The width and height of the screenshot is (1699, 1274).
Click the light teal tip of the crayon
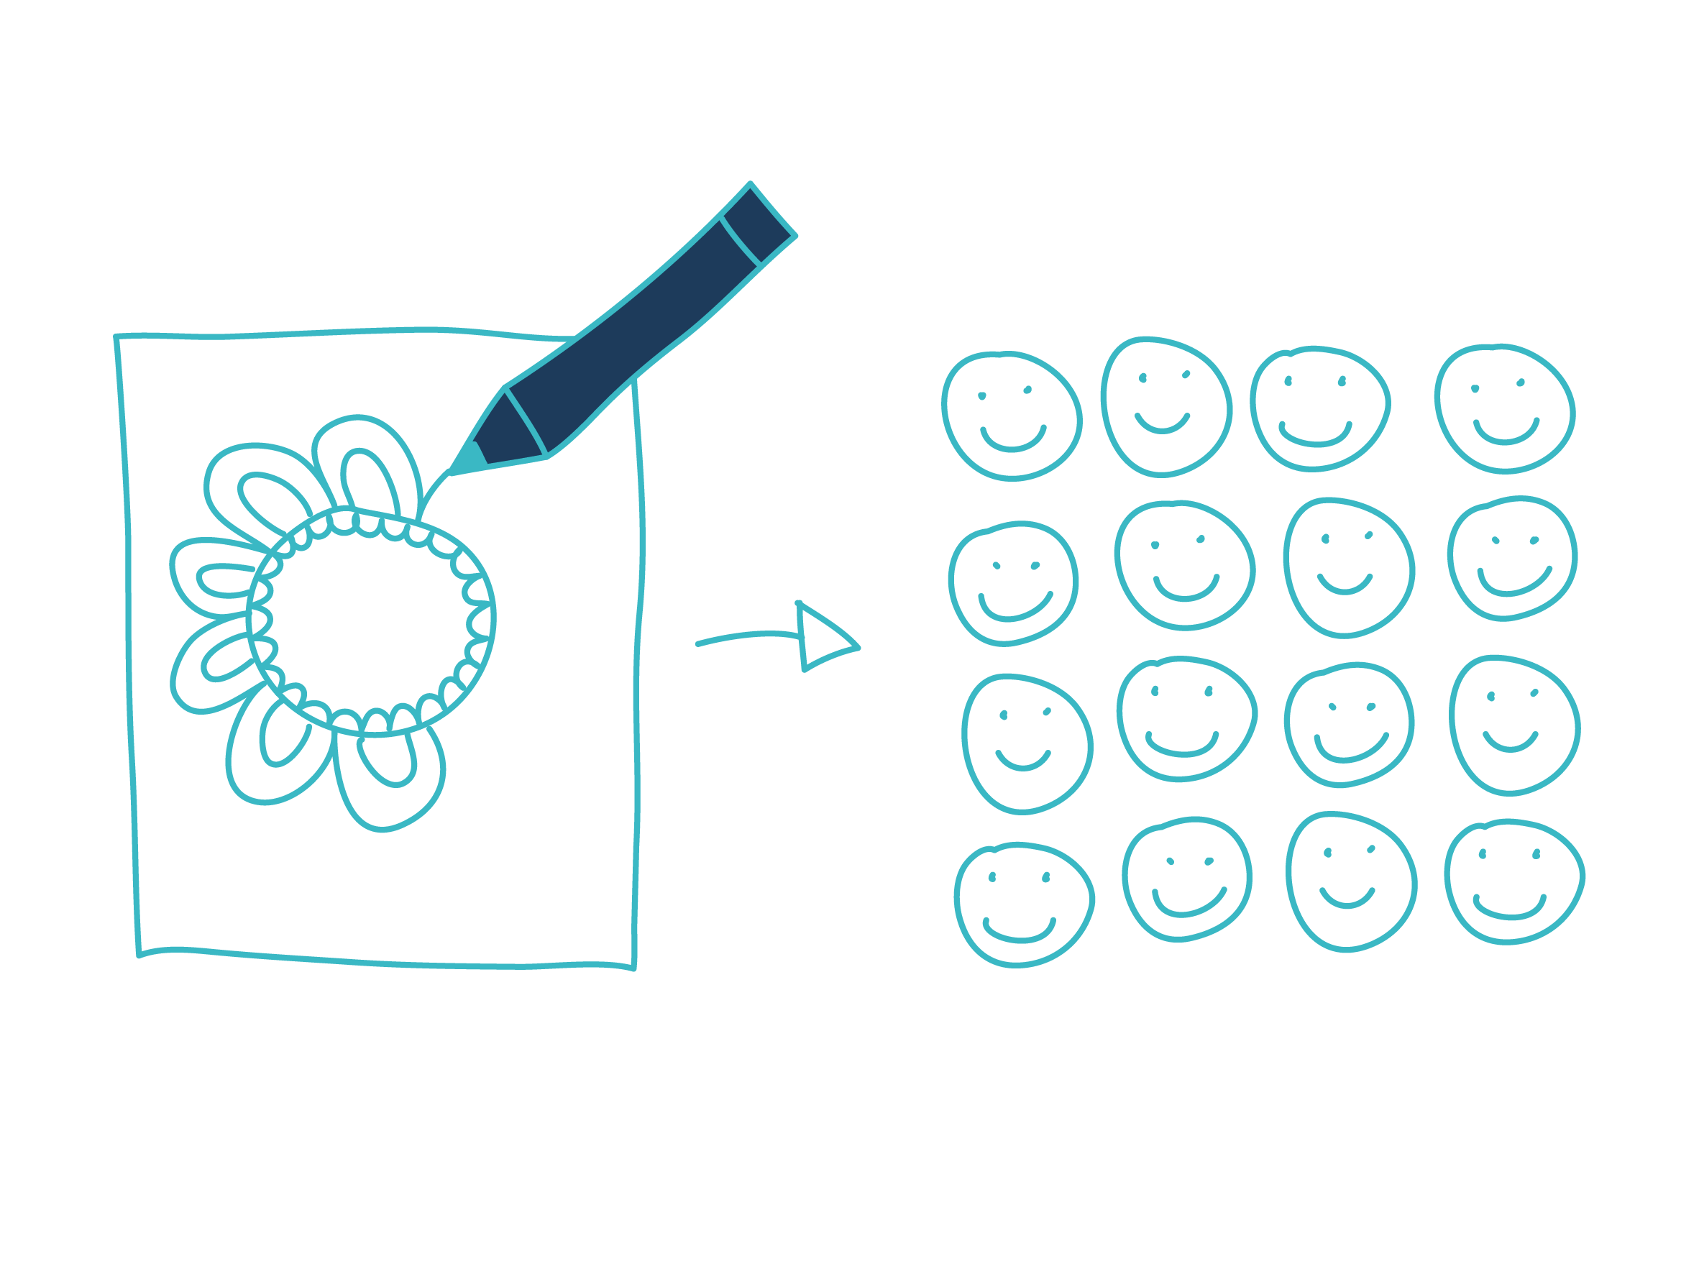468,459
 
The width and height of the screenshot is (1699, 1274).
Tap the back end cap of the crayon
757,225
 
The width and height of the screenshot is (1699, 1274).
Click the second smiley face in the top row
1166,407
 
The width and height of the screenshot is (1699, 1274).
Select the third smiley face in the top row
1319,408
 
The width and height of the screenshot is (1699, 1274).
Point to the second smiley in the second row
1183,565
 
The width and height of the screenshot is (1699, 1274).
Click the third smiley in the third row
1349,725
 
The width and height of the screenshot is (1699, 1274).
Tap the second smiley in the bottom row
1186,879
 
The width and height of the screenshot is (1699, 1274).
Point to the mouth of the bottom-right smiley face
1508,909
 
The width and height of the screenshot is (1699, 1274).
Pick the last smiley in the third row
1513,725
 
